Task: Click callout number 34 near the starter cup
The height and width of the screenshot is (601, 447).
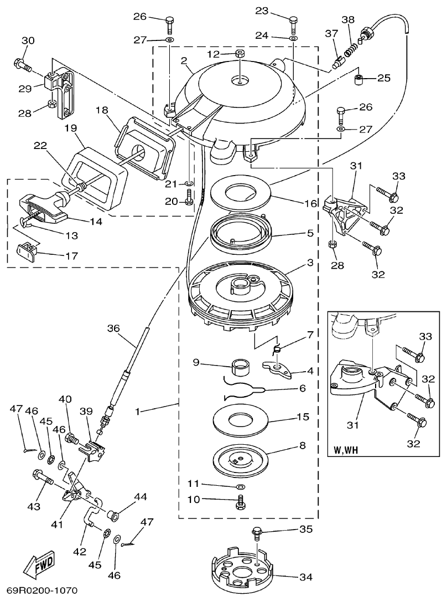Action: click(x=305, y=577)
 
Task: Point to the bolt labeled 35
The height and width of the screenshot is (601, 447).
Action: click(x=257, y=533)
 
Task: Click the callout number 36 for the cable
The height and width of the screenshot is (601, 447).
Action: click(x=112, y=328)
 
